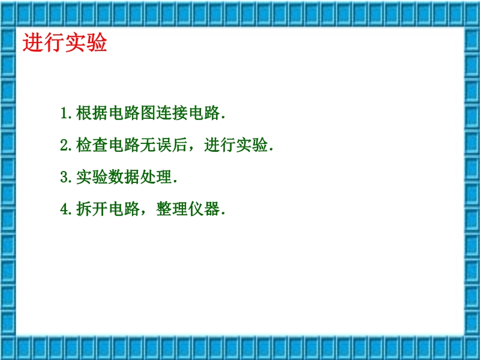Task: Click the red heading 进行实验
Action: click(x=65, y=43)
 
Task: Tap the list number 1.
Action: click(x=64, y=113)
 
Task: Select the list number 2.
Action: click(x=64, y=145)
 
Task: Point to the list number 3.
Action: click(x=64, y=177)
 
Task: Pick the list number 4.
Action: click(x=64, y=209)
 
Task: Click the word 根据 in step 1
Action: click(x=92, y=113)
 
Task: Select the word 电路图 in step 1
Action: click(x=132, y=113)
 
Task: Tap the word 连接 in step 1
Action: click(x=172, y=113)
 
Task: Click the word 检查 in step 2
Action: click(x=92, y=145)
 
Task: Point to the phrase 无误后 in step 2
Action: click(x=164, y=145)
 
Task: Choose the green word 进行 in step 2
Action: click(x=220, y=145)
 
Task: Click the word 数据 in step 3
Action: click(x=124, y=177)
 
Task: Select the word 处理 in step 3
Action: click(x=156, y=177)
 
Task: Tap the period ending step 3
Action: click(x=175, y=182)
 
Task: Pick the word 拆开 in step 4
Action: click(x=92, y=209)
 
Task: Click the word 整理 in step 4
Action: click(x=172, y=209)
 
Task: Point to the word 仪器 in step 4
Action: click(x=204, y=209)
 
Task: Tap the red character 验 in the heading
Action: click(x=97, y=43)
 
